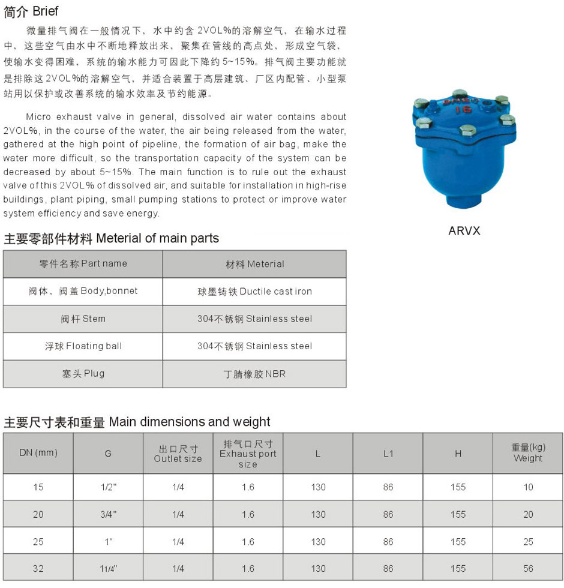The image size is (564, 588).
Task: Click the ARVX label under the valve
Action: tap(464, 230)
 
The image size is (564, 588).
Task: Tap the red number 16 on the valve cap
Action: tap(463, 109)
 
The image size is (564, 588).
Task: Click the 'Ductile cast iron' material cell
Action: tap(254, 292)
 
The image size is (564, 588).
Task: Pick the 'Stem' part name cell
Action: tap(83, 319)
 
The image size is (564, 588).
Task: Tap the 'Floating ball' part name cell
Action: tap(83, 346)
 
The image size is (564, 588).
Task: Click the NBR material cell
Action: tap(254, 374)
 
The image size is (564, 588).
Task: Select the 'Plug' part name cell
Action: tap(83, 373)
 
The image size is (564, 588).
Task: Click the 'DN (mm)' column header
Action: tap(38, 453)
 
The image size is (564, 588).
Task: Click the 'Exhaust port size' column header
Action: tap(248, 454)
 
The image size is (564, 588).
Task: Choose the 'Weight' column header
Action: tap(528, 453)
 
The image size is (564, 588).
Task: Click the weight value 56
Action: tap(528, 568)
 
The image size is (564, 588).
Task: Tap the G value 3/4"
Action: tap(108, 514)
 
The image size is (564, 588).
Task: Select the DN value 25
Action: tap(38, 542)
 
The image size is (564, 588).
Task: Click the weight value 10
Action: tap(528, 487)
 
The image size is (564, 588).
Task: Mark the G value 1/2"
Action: tap(108, 487)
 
